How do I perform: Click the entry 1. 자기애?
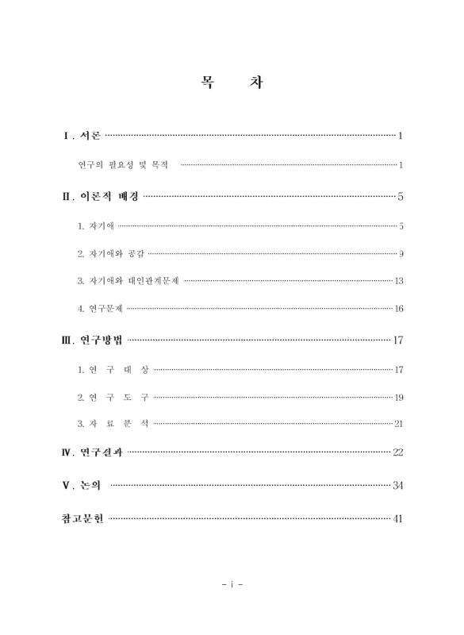tap(96, 226)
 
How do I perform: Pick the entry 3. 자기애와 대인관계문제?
tap(128, 281)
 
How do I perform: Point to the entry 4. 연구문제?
tap(100, 308)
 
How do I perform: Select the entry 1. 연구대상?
tap(113, 370)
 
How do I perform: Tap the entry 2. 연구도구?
tap(113, 397)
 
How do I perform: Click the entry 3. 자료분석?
tap(113, 424)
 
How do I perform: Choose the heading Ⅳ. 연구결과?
tap(92, 452)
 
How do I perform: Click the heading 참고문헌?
tap(82, 519)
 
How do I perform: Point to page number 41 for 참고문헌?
tap(398, 520)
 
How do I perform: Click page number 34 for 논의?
tap(398, 486)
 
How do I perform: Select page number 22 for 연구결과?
tap(398, 452)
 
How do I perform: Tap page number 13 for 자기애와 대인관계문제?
tap(399, 281)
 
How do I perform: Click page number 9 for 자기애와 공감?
tap(401, 254)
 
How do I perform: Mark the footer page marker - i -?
tap(232, 586)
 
